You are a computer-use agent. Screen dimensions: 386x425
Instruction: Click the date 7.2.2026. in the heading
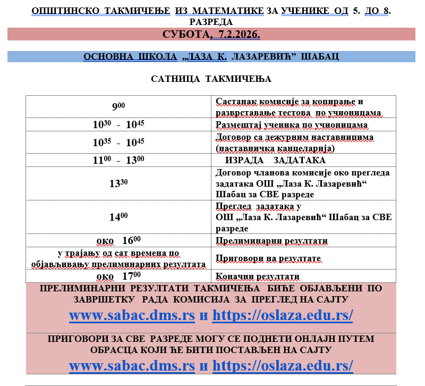[235, 35]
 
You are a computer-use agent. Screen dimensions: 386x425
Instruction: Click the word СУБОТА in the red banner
[185, 35]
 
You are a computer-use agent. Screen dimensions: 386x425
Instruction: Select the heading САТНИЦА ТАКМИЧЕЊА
[211, 79]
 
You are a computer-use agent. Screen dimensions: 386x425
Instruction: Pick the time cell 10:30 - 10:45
[118, 125]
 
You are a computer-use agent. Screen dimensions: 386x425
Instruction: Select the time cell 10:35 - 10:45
[118, 142]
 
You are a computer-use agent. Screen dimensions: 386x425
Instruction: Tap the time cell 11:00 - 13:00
[118, 160]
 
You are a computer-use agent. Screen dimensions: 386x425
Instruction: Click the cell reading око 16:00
[118, 240]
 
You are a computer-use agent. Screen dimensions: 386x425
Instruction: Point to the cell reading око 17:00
[118, 276]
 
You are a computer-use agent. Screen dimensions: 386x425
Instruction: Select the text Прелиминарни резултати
[271, 241]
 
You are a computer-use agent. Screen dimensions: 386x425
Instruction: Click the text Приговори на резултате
[268, 258]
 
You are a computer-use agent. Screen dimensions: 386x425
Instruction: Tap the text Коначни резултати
[258, 276]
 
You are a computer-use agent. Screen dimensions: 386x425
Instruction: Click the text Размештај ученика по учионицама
[292, 125]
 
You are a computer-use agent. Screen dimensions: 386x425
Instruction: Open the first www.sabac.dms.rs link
[132, 315]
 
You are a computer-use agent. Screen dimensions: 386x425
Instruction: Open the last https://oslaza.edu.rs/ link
[283, 366]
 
